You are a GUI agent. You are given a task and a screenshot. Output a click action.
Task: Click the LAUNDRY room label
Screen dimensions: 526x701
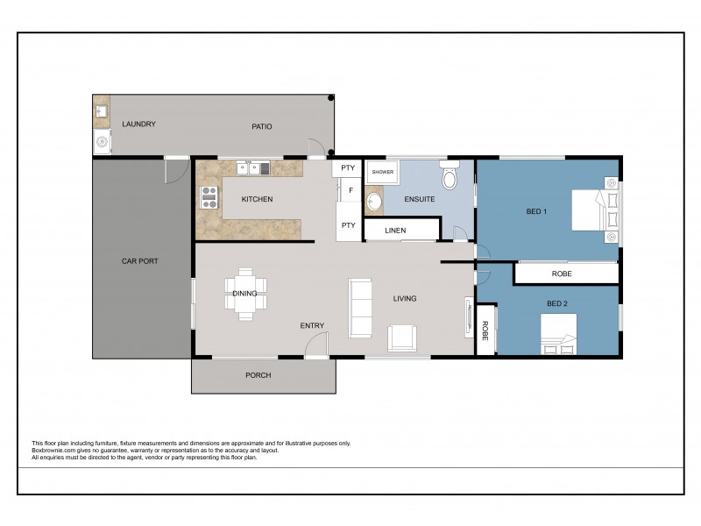[x=139, y=124]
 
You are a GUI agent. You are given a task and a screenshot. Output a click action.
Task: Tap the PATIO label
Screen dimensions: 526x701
[x=262, y=126]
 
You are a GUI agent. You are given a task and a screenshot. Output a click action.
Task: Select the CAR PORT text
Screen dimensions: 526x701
[x=139, y=261]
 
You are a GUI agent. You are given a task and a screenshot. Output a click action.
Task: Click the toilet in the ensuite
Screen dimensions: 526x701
[x=450, y=178]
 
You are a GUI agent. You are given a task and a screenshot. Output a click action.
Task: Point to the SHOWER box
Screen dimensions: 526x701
[x=382, y=173]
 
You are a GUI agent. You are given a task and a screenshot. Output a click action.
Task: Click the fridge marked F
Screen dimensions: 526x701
[x=350, y=189]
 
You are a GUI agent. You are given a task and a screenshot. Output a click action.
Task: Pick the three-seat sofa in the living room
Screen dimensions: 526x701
[x=359, y=307]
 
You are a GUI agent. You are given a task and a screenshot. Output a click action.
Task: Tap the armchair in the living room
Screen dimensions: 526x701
[x=403, y=338]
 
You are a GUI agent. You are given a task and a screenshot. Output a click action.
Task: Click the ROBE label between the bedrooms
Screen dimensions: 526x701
[x=563, y=274]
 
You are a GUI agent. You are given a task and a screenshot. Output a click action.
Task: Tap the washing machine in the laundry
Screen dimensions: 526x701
[x=103, y=140]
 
